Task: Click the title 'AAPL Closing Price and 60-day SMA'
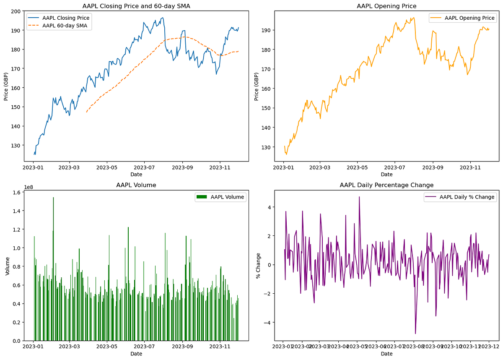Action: (137, 6)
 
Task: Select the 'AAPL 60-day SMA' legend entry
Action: (67, 26)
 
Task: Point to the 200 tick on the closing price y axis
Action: (16, 11)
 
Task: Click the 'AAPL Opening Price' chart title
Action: (386, 6)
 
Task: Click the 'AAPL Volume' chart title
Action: (137, 185)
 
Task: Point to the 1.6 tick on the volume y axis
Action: (18, 193)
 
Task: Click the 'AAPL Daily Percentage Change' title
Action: (386, 185)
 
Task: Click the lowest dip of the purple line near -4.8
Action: (415, 334)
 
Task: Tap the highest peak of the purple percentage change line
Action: (359, 197)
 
